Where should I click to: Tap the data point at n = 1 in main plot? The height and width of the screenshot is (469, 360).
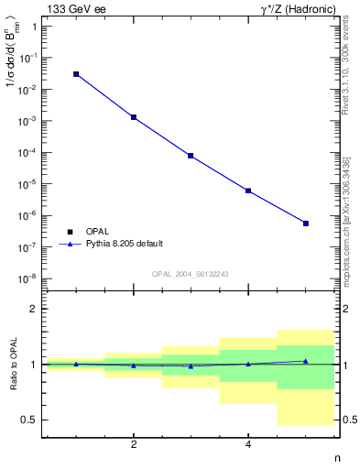coord(76,74)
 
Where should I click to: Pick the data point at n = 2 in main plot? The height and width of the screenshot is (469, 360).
coord(134,117)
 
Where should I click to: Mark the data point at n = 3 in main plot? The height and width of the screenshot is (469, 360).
coord(191,156)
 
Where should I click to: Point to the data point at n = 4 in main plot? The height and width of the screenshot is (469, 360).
coord(248,191)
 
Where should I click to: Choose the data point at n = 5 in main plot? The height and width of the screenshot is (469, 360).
coord(306,224)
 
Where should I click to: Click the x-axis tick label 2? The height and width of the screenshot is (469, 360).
coord(134,445)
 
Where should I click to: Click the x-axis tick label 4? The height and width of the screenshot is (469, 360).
coord(248,445)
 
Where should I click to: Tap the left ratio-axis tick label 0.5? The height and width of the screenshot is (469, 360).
coord(29,420)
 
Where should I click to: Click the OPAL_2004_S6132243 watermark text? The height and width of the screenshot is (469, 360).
coord(190,273)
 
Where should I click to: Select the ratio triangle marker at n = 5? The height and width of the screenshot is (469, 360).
coord(306,361)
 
